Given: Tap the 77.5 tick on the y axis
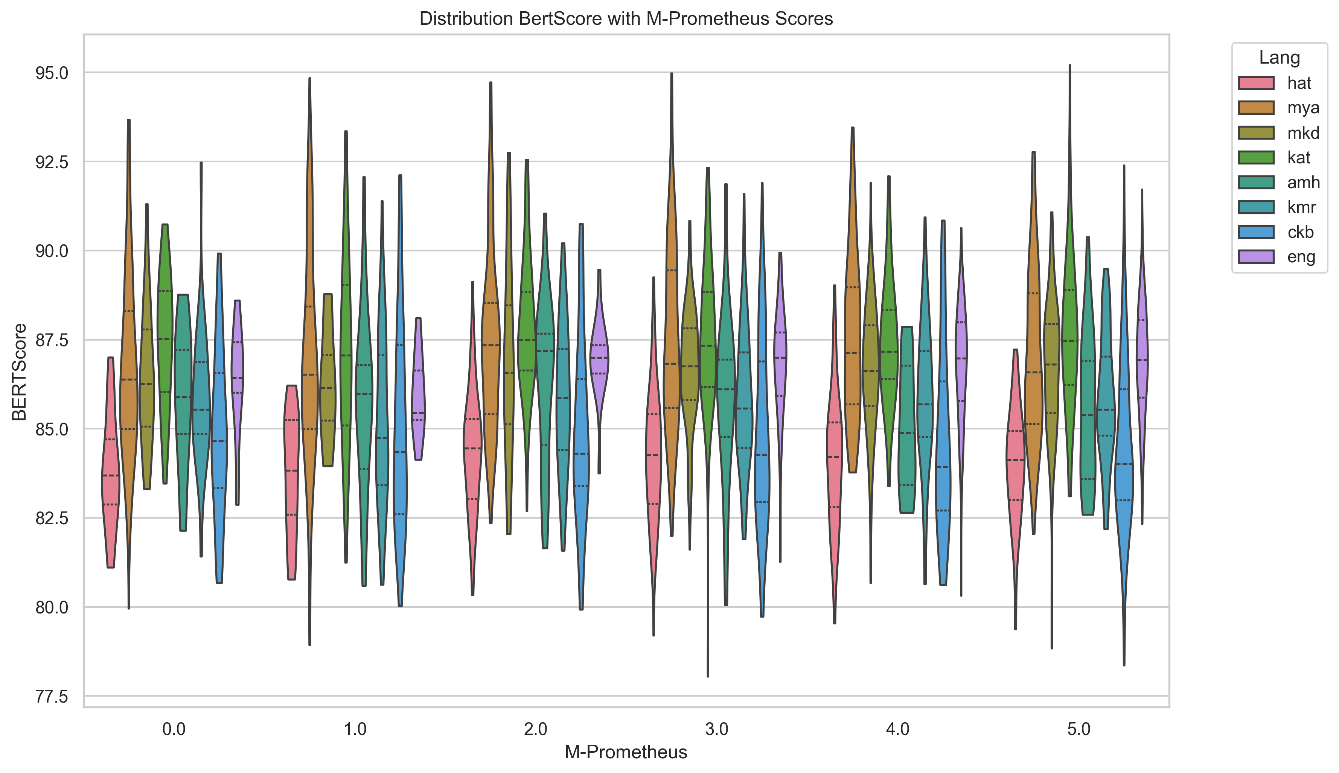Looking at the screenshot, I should [x=52, y=696].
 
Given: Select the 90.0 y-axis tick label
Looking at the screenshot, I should [x=52, y=251].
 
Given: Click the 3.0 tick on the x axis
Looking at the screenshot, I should [x=716, y=729].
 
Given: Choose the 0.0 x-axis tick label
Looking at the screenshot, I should [x=174, y=729].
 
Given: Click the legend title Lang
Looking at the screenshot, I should [x=1279, y=57].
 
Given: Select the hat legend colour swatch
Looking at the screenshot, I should [x=1256, y=83].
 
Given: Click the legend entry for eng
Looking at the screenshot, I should [x=1301, y=257].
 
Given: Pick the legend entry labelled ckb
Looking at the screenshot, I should [x=1300, y=232].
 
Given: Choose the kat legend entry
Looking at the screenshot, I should [x=1299, y=158].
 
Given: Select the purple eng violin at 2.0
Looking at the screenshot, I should [x=599, y=361].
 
